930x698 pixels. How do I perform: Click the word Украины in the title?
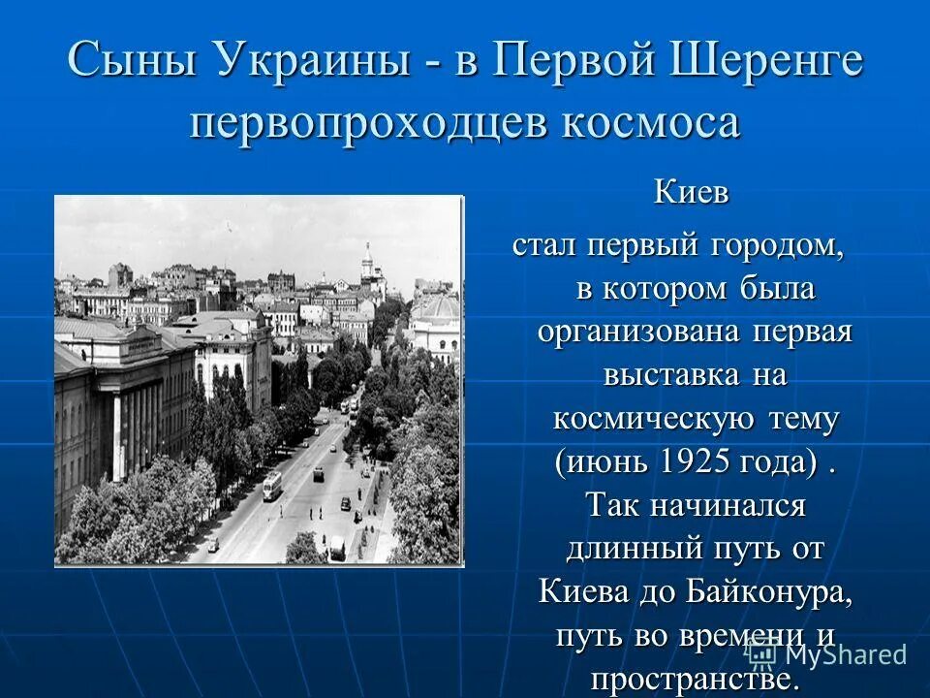pyautogui.click(x=310, y=61)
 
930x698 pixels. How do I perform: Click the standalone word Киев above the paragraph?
pyautogui.click(x=691, y=192)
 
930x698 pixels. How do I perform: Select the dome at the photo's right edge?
pyautogui.click(x=437, y=308)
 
